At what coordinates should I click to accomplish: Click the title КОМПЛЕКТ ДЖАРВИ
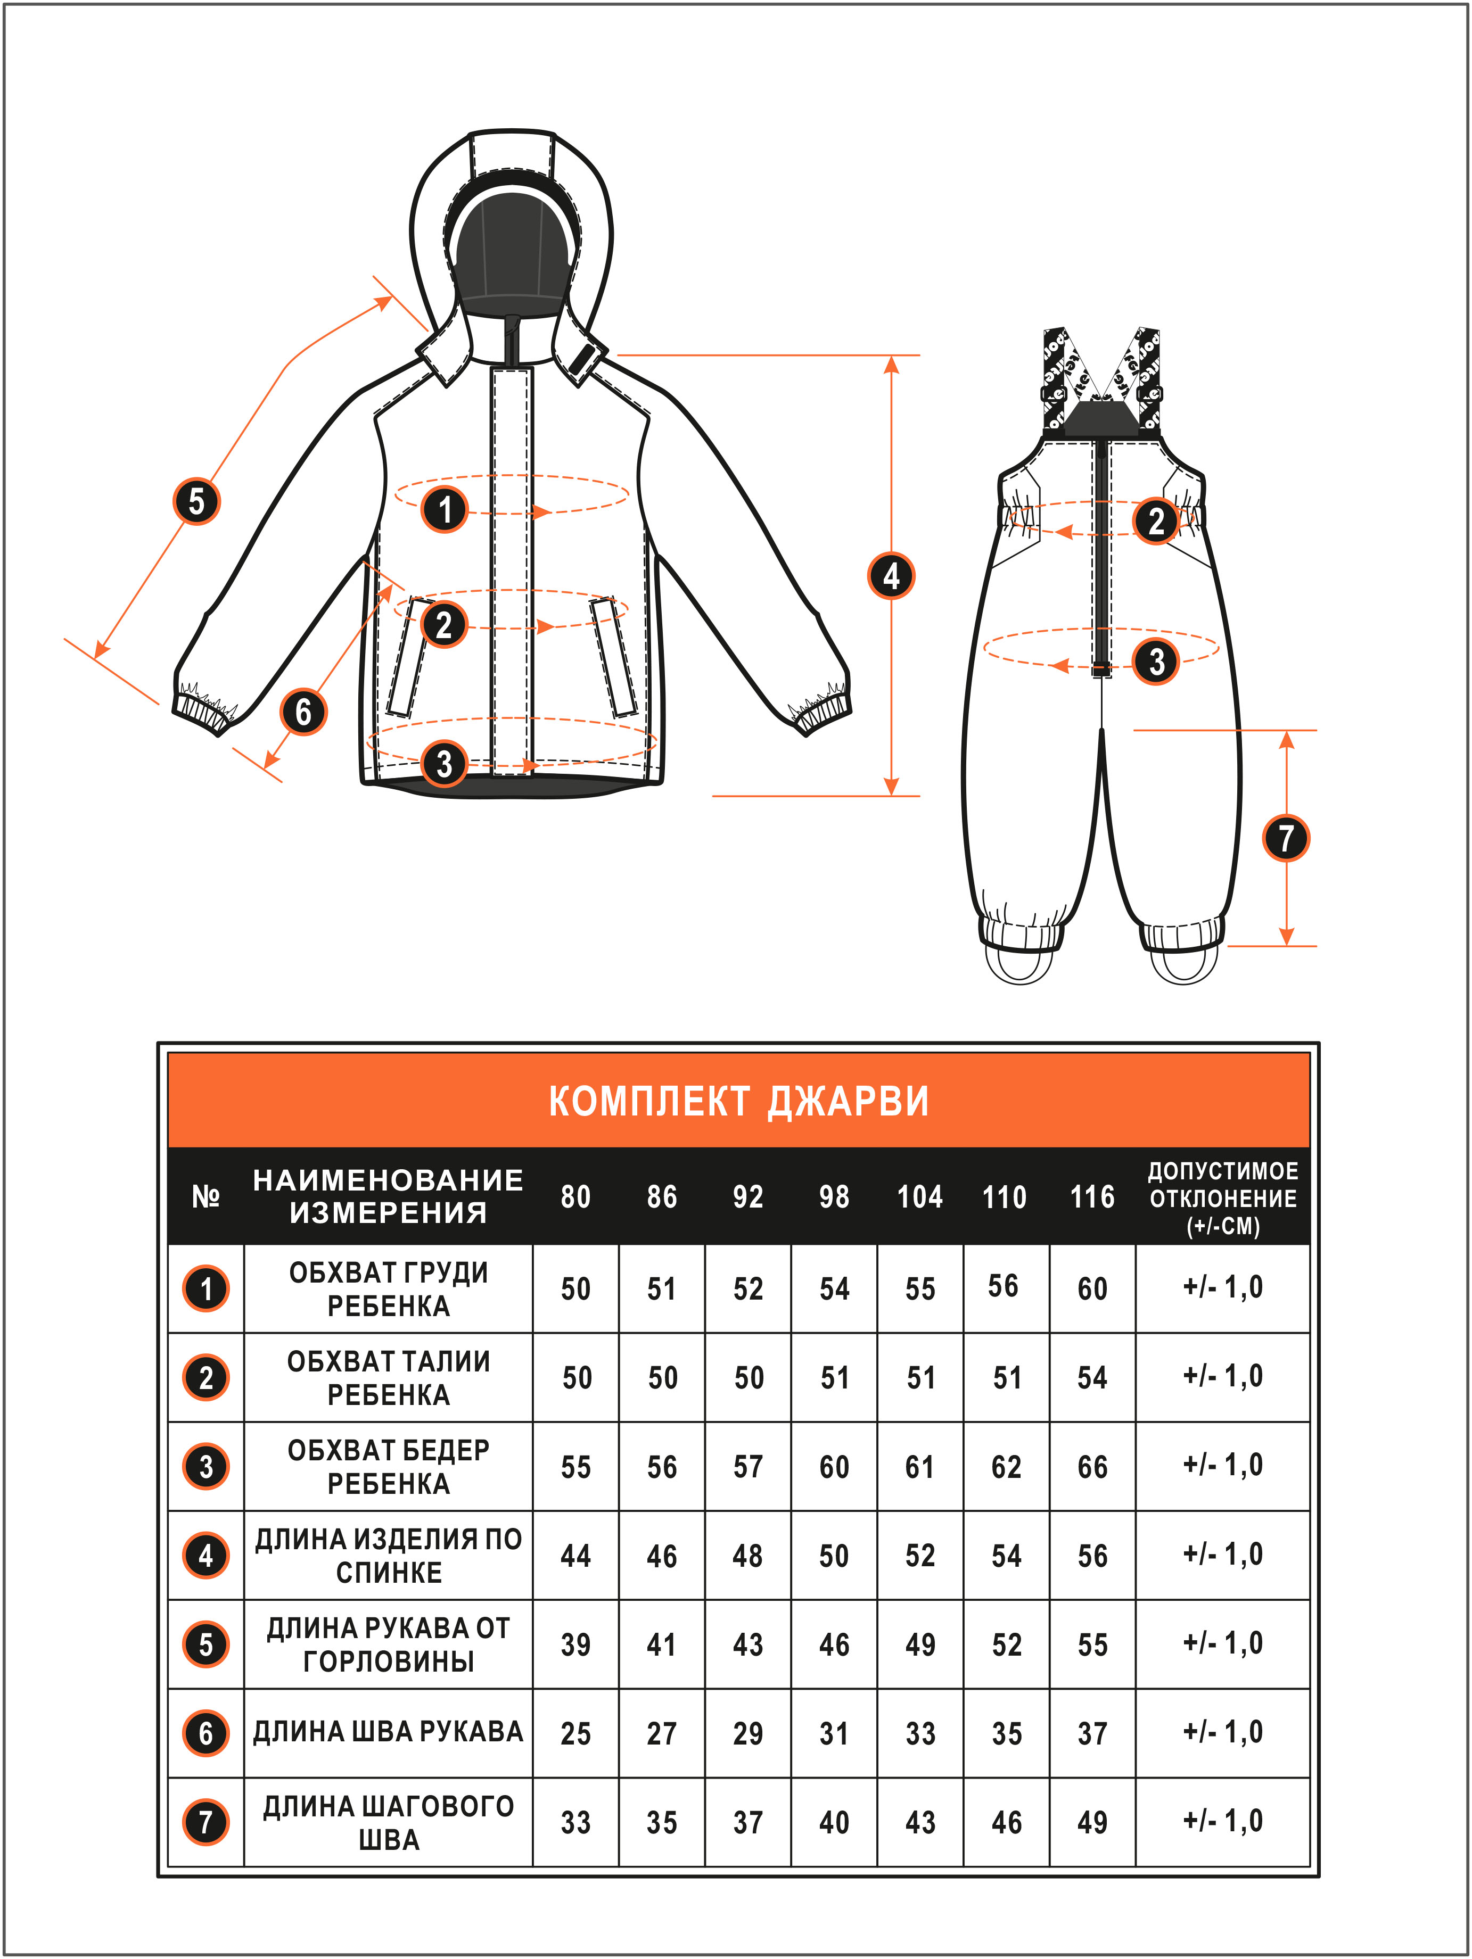point(738,1101)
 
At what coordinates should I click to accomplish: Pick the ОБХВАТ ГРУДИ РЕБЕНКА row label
point(389,1288)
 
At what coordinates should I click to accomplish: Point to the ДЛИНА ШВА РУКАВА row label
point(389,1731)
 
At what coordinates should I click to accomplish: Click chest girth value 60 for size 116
point(1092,1288)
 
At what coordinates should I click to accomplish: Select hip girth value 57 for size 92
point(747,1467)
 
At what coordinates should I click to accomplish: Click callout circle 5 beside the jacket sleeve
point(196,501)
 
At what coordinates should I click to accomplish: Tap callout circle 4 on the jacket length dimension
point(891,576)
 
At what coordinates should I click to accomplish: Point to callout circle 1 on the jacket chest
point(445,509)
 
